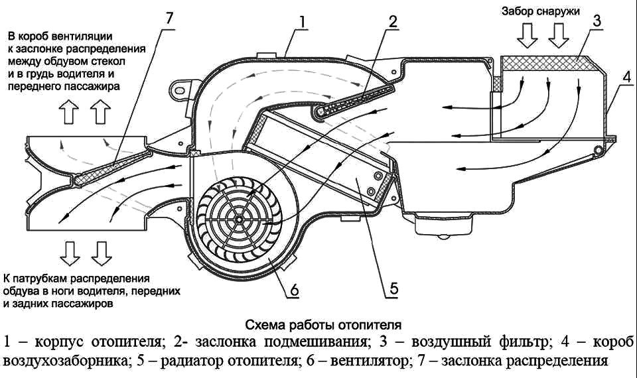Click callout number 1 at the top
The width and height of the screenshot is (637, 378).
[302, 21]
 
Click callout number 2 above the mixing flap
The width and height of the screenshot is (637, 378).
[393, 21]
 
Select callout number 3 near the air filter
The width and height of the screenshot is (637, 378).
[597, 21]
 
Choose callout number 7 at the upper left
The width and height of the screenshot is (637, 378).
[170, 18]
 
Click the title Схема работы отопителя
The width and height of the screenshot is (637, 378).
[324, 326]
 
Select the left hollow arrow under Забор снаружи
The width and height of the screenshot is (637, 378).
[529, 36]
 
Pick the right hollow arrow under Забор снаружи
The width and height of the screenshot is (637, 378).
[556, 36]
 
